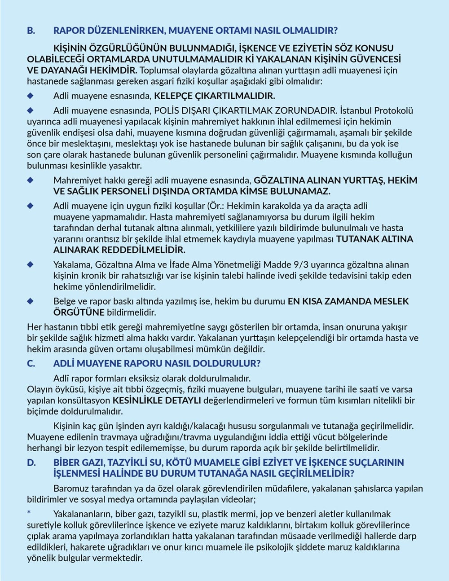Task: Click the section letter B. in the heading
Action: [31, 31]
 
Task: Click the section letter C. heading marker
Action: [31, 363]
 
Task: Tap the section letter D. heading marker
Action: [31, 462]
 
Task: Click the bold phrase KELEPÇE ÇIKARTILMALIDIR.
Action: [215, 96]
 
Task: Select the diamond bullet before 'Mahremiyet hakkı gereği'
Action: [31, 180]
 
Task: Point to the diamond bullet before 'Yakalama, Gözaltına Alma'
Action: [31, 264]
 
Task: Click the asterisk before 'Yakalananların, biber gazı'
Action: [29, 513]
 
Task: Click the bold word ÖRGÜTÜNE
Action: [79, 312]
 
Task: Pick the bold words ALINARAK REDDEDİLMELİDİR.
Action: [119, 250]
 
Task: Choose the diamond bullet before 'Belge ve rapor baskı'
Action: [31, 301]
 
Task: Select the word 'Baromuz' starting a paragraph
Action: [70, 488]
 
